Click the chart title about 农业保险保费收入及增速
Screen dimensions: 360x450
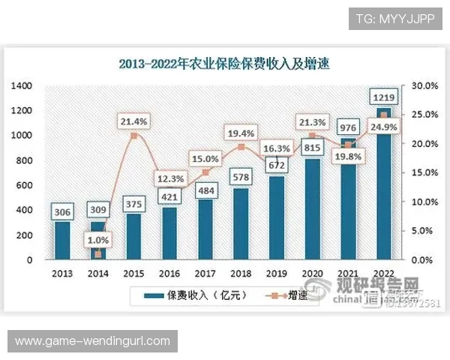[224, 64]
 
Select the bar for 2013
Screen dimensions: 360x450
[63, 240]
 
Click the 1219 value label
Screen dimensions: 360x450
[385, 97]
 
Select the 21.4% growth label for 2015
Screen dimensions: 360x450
[133, 121]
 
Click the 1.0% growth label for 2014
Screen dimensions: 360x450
[99, 240]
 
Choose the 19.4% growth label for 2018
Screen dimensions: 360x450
[241, 133]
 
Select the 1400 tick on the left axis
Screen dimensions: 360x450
[22, 86]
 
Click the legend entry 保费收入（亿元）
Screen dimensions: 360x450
[186, 296]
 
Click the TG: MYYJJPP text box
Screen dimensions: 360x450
[395, 18]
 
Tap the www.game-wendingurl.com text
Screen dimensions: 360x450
[93, 341]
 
